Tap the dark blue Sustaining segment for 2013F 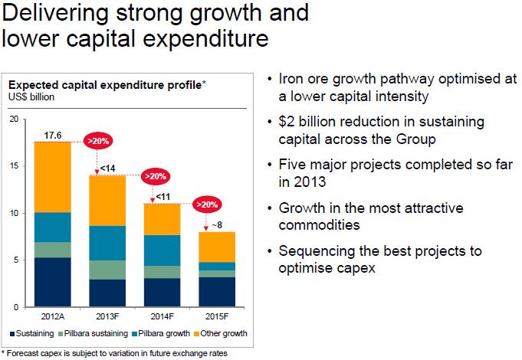[x=107, y=293]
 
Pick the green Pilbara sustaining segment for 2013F [x=107, y=270]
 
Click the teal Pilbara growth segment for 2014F [x=162, y=250]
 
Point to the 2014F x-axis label [x=162, y=315]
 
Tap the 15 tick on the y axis [x=13, y=166]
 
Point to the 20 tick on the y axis [x=13, y=119]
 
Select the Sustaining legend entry [x=33, y=335]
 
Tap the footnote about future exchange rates [x=114, y=353]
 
